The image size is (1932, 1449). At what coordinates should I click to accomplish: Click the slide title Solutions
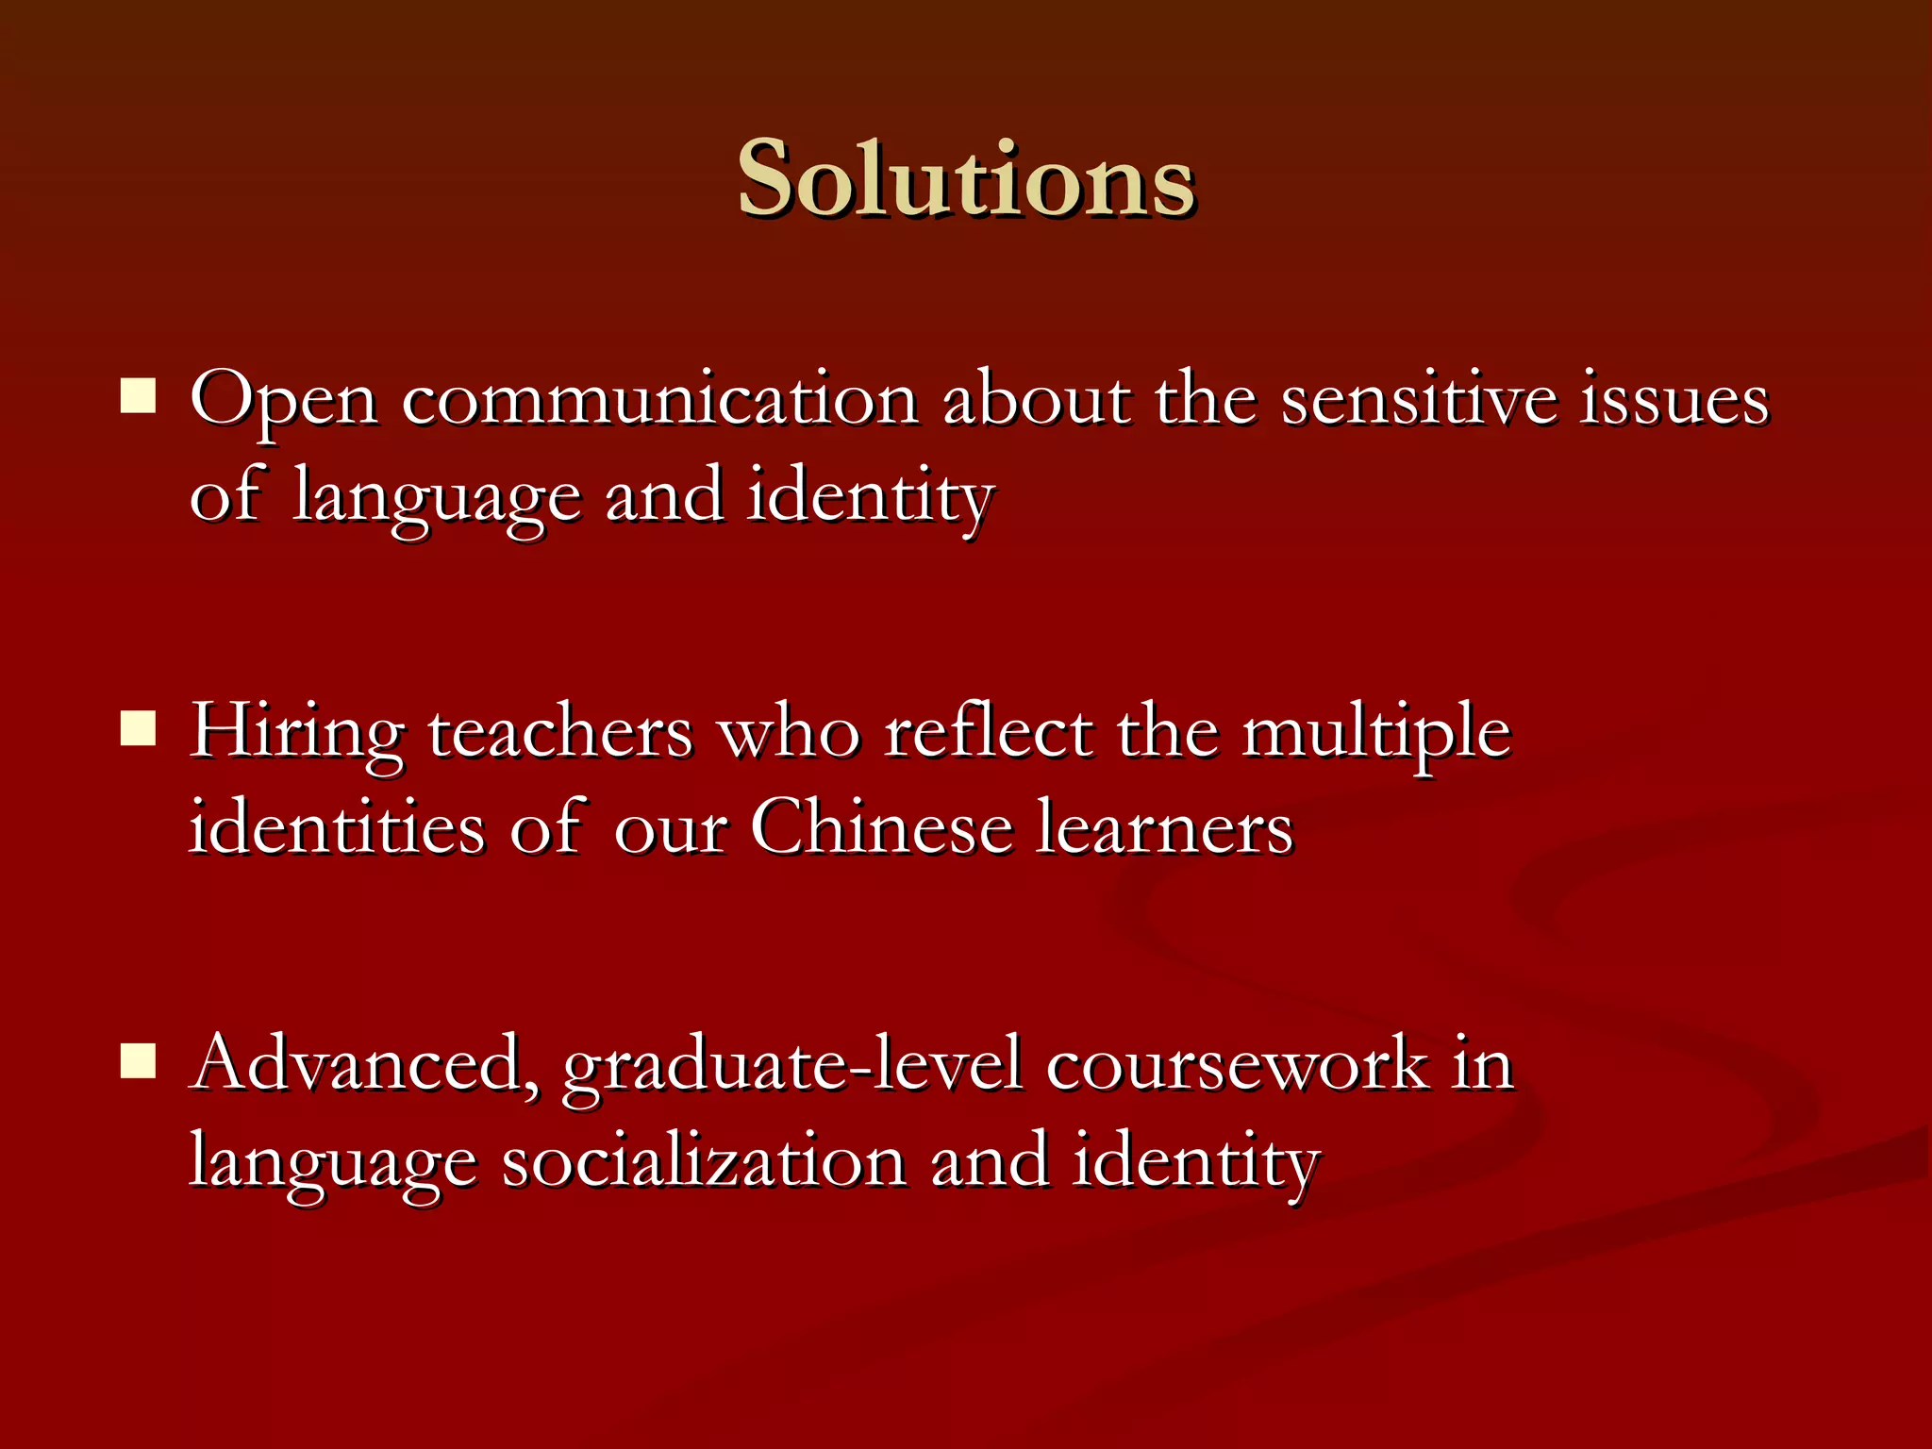[966, 179]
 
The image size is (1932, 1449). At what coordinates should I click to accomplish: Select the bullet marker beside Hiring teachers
[139, 728]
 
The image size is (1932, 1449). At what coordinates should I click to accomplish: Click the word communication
[660, 400]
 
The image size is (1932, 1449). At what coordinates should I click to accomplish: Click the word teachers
[560, 732]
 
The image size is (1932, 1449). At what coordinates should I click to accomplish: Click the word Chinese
[881, 828]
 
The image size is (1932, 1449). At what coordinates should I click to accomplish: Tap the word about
[1037, 400]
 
